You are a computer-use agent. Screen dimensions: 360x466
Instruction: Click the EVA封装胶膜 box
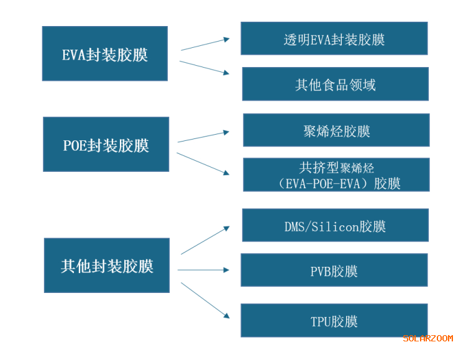coord(104,54)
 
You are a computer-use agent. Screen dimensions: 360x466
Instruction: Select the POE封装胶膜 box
coord(106,145)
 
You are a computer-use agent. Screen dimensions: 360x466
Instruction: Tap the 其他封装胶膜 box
coord(106,266)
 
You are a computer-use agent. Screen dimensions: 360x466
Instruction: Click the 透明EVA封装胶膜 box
coord(334,38)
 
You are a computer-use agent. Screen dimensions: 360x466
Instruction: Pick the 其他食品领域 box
coord(335,84)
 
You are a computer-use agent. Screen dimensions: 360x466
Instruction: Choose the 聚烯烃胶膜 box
coord(336,130)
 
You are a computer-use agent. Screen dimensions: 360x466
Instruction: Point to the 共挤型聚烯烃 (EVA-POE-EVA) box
coord(336,175)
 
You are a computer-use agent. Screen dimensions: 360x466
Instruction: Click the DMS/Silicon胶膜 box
coord(335,225)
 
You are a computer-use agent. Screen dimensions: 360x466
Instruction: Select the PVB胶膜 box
coord(334,271)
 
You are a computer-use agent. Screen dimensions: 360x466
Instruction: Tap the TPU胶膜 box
coord(334,321)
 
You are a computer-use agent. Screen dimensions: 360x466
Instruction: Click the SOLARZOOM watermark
coord(428,338)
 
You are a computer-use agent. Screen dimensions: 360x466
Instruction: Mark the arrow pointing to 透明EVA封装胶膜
coord(205,44)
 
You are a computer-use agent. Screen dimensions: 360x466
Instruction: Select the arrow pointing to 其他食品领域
coord(204,68)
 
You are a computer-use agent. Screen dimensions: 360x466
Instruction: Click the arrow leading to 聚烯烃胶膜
coord(203,137)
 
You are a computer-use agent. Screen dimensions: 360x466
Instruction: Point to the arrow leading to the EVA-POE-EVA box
coord(203,163)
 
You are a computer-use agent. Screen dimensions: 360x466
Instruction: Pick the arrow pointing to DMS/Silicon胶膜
coord(205,240)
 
